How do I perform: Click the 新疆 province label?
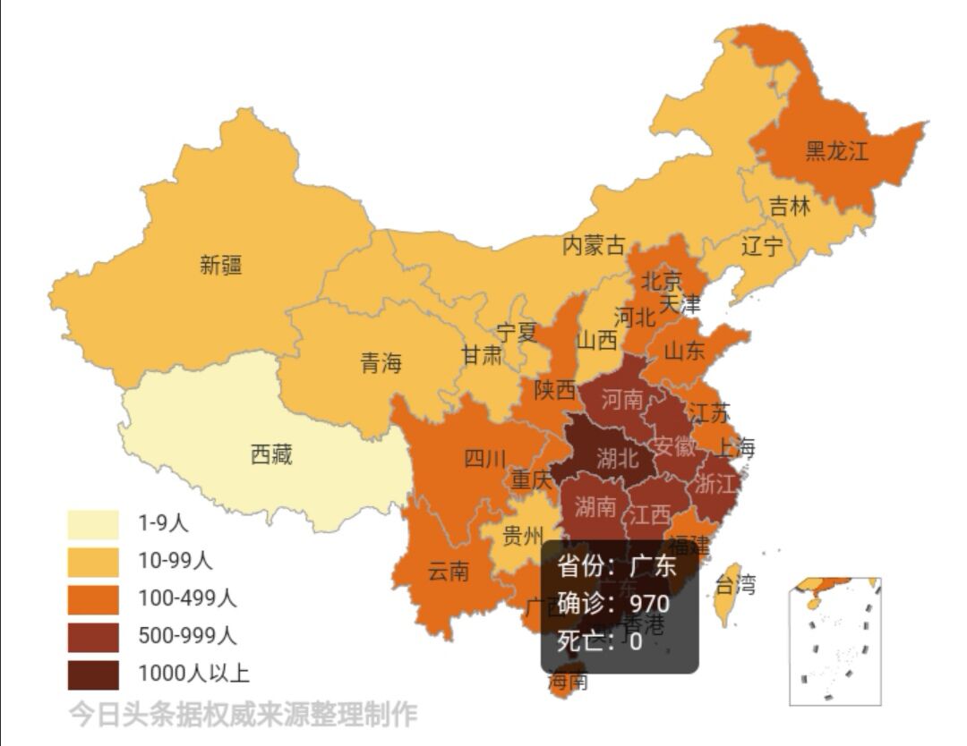[x=220, y=265]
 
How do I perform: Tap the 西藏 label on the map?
[x=270, y=455]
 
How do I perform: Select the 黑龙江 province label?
[x=836, y=150]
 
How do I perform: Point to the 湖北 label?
[x=617, y=459]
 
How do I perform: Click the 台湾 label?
[x=735, y=585]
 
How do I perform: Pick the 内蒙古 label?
[x=593, y=245]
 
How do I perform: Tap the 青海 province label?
[x=381, y=363]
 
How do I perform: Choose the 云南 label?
[x=448, y=572]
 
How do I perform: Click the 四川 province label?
[x=484, y=460]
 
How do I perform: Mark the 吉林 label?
[x=790, y=207]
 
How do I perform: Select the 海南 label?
[x=569, y=682]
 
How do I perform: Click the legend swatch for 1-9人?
[x=93, y=524]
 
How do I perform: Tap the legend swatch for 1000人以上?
[x=93, y=674]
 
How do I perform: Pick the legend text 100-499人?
[x=187, y=598]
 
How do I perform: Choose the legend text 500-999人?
[x=187, y=636]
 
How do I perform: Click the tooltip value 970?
[x=649, y=603]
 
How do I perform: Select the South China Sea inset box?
[x=835, y=641]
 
